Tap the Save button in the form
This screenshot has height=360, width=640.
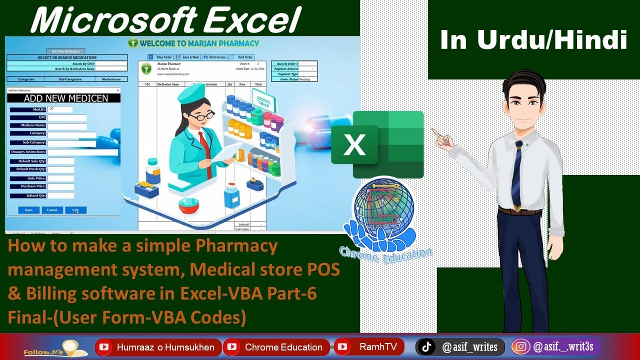(x=28, y=210)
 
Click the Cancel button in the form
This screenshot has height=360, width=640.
(x=52, y=210)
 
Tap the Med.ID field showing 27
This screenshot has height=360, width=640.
(x=60, y=109)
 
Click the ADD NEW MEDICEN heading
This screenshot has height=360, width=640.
(x=65, y=98)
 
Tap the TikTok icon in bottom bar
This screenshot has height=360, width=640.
(x=426, y=346)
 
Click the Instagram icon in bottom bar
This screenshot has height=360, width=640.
(x=521, y=346)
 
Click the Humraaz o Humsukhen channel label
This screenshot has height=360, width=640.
(x=165, y=347)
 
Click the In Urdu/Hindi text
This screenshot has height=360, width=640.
(x=533, y=40)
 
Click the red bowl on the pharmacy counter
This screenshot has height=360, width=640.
(x=188, y=205)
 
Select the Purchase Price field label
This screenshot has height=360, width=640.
(x=28, y=186)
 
